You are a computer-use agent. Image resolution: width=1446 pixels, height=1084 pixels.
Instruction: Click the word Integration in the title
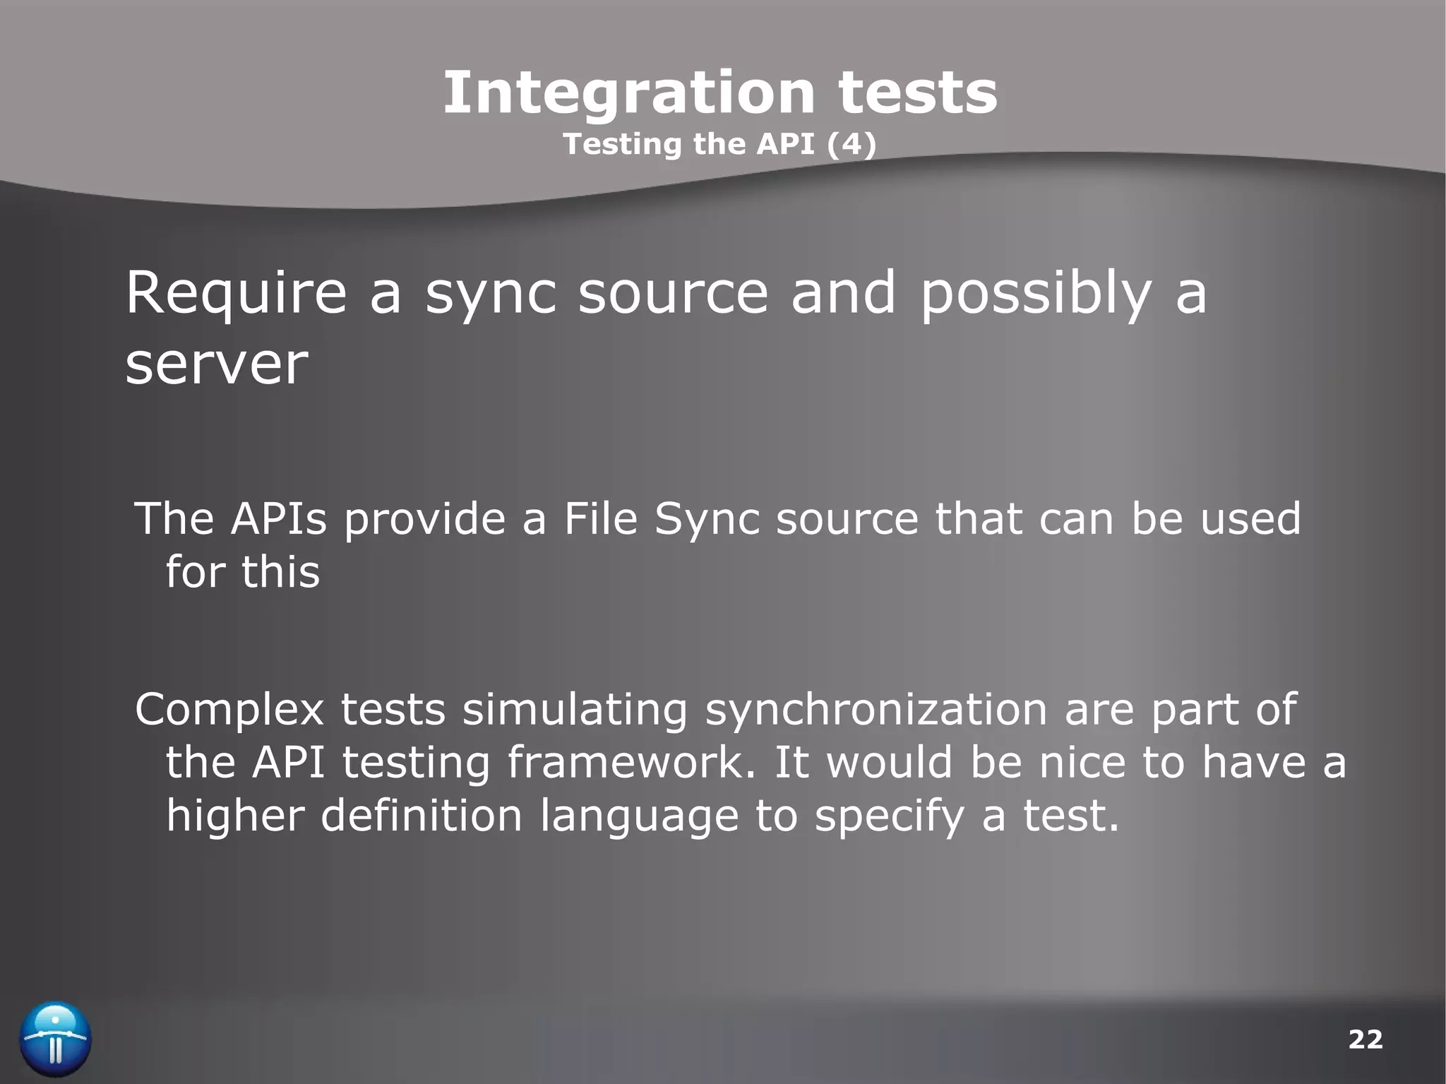[x=628, y=94]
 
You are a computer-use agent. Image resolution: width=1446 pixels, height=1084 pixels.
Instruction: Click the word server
[x=217, y=364]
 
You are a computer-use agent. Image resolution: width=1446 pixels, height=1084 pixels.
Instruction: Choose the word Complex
[x=229, y=710]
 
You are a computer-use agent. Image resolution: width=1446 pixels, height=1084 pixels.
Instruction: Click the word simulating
[x=575, y=710]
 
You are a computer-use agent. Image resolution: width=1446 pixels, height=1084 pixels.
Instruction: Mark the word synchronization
[x=876, y=710]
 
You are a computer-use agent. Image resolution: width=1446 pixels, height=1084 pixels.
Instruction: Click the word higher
[x=235, y=816]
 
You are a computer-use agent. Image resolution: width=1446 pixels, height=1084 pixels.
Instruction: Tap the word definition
[x=422, y=816]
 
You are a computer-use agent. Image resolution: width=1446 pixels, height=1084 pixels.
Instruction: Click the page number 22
[x=1365, y=1040]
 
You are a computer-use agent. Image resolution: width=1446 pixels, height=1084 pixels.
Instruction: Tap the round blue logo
[x=56, y=1040]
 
